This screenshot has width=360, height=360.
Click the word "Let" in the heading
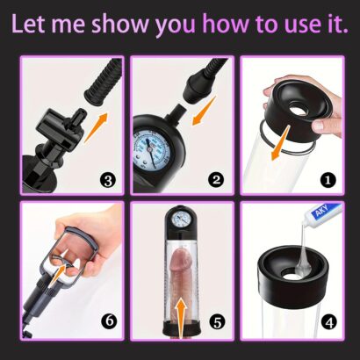pyautogui.click(x=28, y=24)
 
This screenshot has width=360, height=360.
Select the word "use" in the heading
pyautogui.click(x=309, y=26)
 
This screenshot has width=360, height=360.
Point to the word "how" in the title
pyautogui.click(x=226, y=24)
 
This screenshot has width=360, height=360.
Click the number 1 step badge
pyautogui.click(x=328, y=180)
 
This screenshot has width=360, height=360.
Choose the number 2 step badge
pyautogui.click(x=216, y=180)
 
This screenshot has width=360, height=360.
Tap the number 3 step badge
pyautogui.click(x=108, y=180)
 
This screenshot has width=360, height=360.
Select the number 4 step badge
pyautogui.click(x=328, y=323)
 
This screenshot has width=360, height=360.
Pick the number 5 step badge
pyautogui.click(x=218, y=322)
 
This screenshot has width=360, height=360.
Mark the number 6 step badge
pyautogui.click(x=109, y=321)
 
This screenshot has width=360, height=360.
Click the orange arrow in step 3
pyautogui.click(x=96, y=127)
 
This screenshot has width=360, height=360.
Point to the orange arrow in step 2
pyautogui.click(x=204, y=111)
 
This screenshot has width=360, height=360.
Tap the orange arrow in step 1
pyautogui.click(x=280, y=142)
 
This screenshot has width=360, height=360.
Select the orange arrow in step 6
pyautogui.click(x=58, y=275)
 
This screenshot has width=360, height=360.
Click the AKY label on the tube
pyautogui.click(x=322, y=211)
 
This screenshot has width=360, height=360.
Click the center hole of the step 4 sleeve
pyautogui.click(x=292, y=274)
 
